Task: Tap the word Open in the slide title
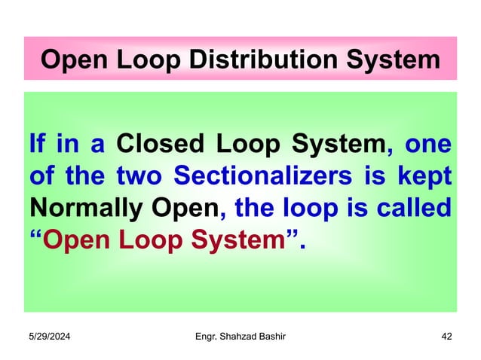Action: click(70, 59)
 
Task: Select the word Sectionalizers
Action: click(247, 175)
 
